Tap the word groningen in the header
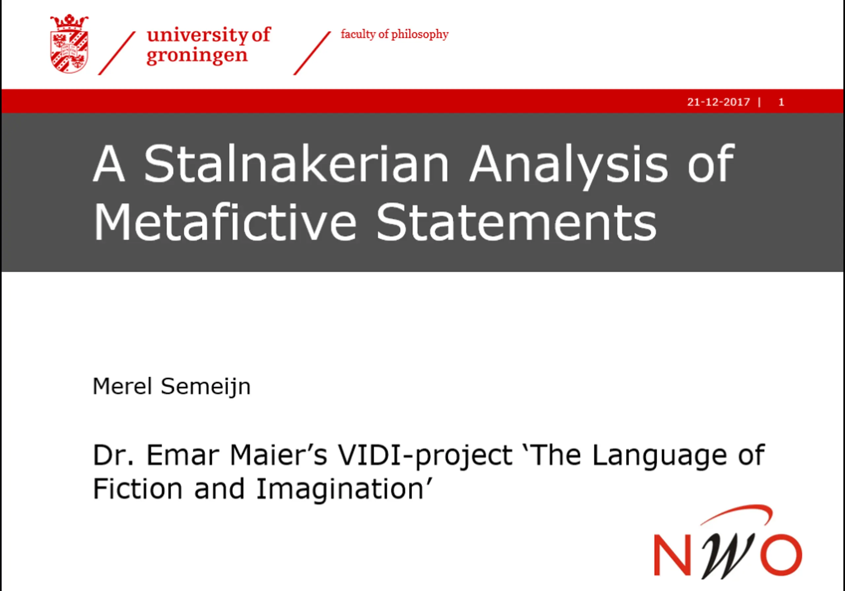coord(197,56)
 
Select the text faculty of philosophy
coord(394,34)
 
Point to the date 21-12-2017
coord(718,102)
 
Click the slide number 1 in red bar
coord(781,102)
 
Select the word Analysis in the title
coord(569,167)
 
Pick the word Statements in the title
coord(516,222)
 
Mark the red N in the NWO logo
coord(672,555)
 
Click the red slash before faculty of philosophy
coord(312,54)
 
